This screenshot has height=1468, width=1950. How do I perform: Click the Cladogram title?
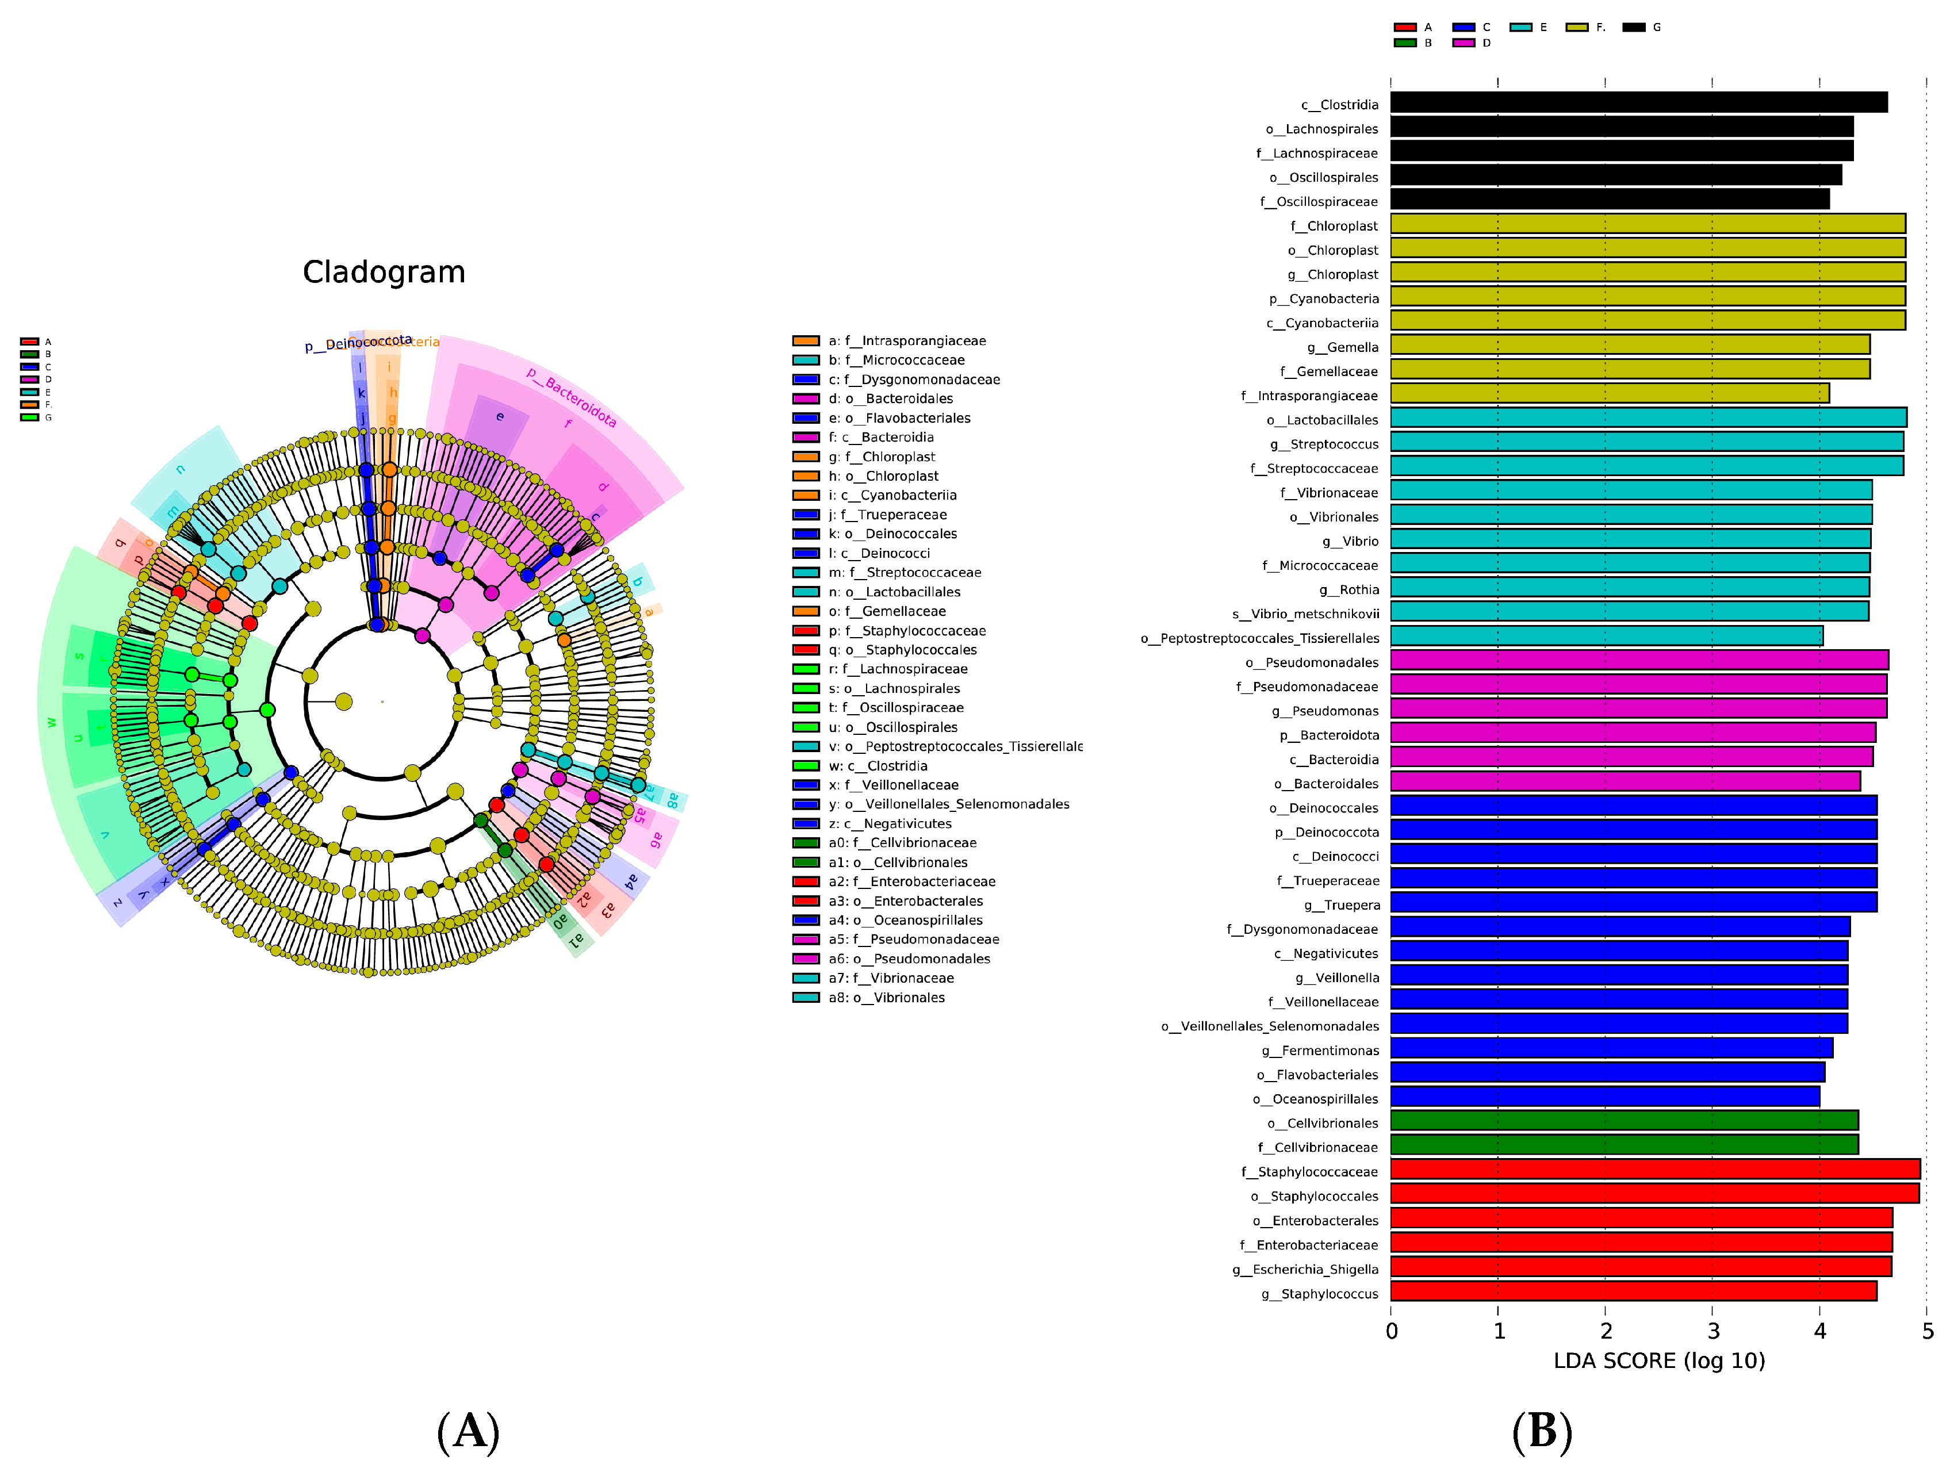coord(384,273)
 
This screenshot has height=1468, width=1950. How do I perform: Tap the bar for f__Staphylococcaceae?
coord(1654,1170)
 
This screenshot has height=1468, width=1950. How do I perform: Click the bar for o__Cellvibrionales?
coord(1624,1121)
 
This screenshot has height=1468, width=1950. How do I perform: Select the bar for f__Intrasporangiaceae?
coord(1609,394)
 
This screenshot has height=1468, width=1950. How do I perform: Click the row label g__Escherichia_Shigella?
coord(1305,1268)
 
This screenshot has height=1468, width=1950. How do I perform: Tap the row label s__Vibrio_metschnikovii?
coord(1305,614)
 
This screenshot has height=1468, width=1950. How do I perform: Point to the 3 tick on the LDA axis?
coord(1713,1331)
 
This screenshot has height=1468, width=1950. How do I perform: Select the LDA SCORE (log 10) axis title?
coord(1658,1360)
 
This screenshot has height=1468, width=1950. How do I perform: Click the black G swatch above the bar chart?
coord(1634,28)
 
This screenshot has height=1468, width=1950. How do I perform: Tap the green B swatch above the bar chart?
coord(1405,43)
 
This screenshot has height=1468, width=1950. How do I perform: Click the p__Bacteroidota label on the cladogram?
coord(571,397)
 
